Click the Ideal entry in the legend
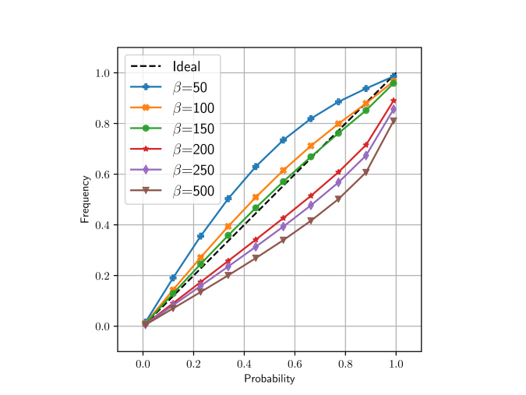tap(186, 66)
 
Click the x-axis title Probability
tap(269, 379)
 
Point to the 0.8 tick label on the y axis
tap(102, 124)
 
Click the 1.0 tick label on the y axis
tap(102, 73)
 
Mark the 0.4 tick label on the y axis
tap(102, 225)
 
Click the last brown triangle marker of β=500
tap(394, 121)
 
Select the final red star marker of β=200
tap(394, 101)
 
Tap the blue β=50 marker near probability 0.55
tap(284, 140)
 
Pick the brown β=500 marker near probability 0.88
tap(365, 172)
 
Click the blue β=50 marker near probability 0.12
tap(173, 277)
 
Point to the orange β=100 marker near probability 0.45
tap(256, 197)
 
